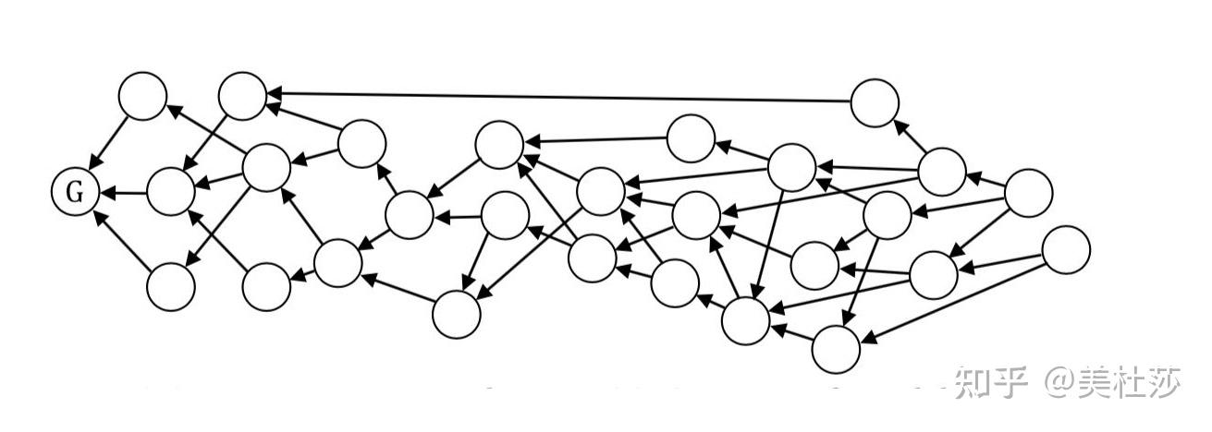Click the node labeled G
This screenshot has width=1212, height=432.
point(75,192)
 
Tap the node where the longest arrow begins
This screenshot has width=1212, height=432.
point(875,103)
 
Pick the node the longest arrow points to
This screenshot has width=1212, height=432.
point(243,96)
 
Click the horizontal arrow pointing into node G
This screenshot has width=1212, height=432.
point(123,192)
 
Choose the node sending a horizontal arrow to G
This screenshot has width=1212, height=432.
point(171,192)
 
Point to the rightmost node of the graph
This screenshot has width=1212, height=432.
point(1067,250)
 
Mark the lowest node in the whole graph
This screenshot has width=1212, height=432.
point(836,349)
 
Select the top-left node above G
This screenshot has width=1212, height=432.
point(143,96)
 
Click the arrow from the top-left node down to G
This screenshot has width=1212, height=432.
point(109,142)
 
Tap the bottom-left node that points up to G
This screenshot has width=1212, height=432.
point(171,287)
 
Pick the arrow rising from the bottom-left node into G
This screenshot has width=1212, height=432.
point(123,239)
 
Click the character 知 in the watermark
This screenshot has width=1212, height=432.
point(973,383)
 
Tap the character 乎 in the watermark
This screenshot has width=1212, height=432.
point(1010,383)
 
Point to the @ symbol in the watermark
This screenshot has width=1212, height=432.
point(1061,383)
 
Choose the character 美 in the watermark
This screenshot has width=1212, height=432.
point(1096,383)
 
